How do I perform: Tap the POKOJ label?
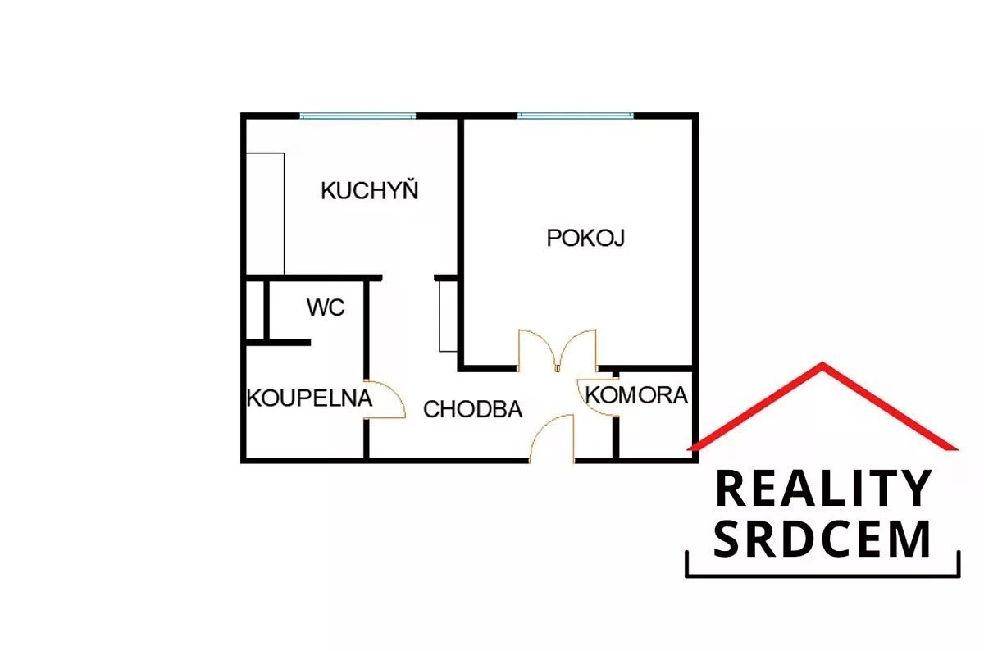tap(585, 238)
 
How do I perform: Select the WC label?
tap(326, 307)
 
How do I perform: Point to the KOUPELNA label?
tap(310, 398)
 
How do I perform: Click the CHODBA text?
tap(472, 409)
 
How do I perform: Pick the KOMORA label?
tap(636, 395)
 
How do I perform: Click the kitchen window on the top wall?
tap(358, 116)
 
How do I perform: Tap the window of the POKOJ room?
tap(576, 116)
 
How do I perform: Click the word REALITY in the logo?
tap(822, 489)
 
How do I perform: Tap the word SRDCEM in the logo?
tap(822, 539)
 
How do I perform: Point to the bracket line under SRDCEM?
tap(822, 575)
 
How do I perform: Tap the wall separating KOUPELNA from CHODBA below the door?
tap(367, 439)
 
